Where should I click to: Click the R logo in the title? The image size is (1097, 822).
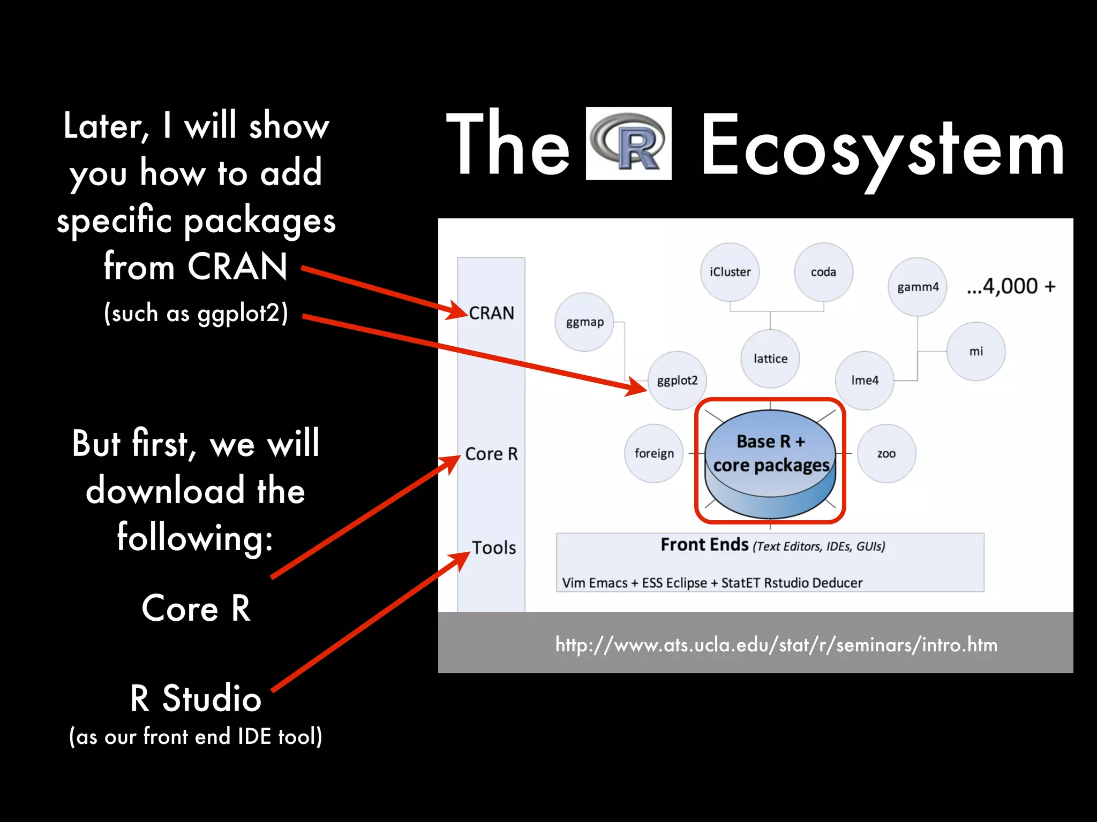click(x=628, y=143)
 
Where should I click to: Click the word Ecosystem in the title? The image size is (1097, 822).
click(x=882, y=147)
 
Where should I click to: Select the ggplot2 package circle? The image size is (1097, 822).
click(x=677, y=380)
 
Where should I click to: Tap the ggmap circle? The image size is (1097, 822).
click(x=584, y=322)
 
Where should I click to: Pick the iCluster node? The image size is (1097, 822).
click(x=730, y=272)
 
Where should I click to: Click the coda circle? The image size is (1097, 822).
click(x=823, y=272)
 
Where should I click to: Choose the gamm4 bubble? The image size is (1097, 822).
click(x=918, y=287)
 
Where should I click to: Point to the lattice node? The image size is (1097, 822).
click(x=770, y=359)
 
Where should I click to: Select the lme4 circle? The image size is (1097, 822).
click(x=865, y=380)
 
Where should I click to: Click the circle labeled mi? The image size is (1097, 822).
click(x=976, y=352)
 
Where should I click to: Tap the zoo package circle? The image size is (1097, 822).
click(x=886, y=454)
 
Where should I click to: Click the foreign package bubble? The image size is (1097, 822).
click(x=654, y=454)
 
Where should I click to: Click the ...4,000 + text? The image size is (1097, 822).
click(x=1011, y=286)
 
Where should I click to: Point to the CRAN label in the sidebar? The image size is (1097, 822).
click(x=491, y=313)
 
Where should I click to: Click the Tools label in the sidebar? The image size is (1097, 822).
click(x=494, y=548)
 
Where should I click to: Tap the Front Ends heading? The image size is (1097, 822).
click(x=704, y=545)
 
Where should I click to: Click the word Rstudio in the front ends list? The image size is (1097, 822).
click(x=786, y=583)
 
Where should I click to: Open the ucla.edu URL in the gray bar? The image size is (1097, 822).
click(x=776, y=645)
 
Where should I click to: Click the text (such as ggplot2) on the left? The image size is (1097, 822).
click(x=196, y=313)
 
